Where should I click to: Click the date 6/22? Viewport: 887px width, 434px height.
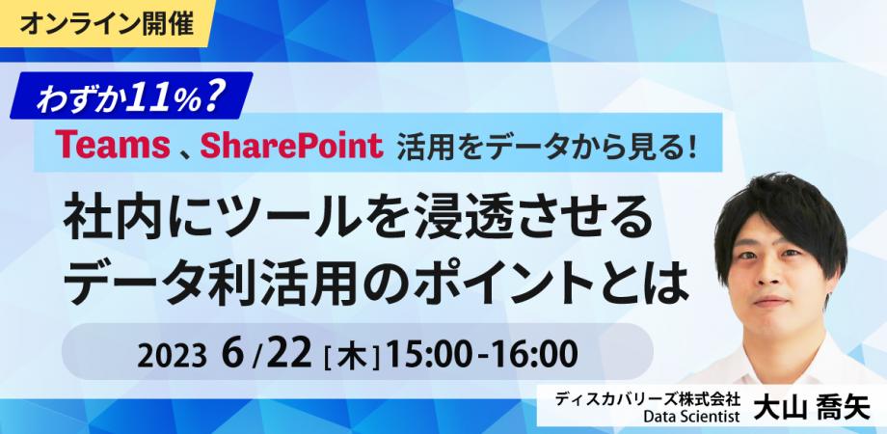(266, 352)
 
